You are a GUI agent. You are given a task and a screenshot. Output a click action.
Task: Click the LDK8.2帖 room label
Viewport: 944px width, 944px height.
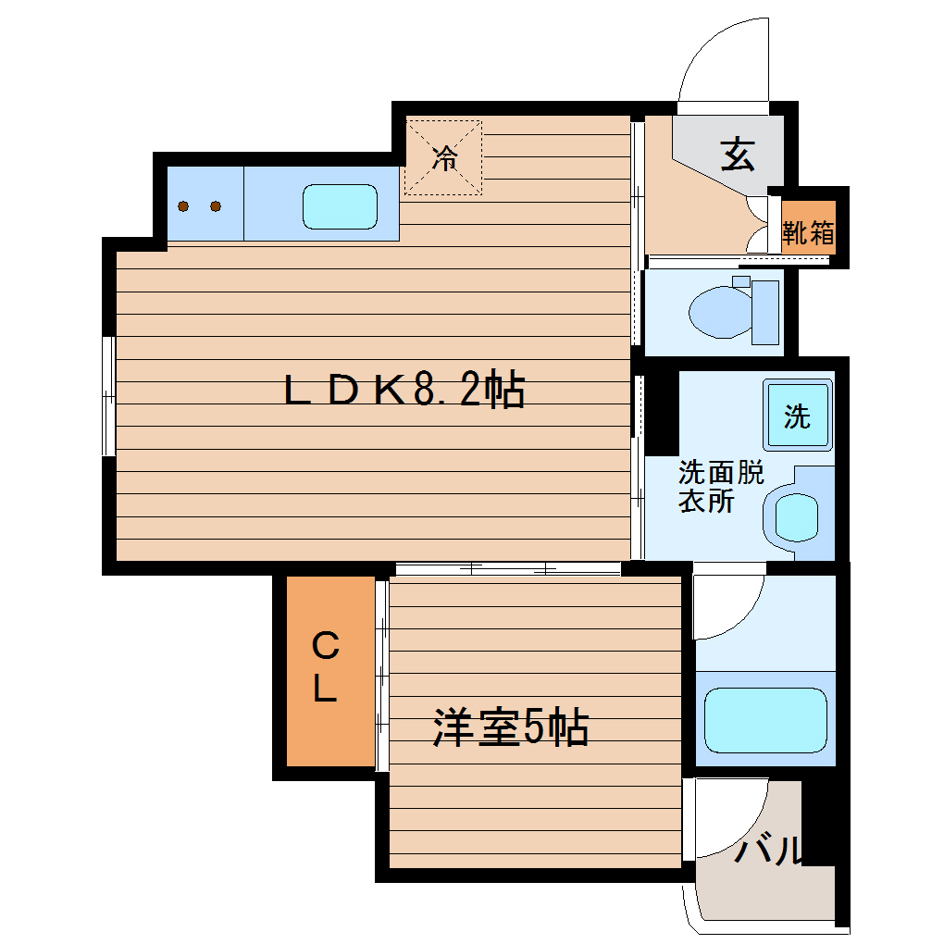point(404,391)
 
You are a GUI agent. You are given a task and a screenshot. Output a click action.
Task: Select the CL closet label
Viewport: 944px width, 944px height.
point(324,666)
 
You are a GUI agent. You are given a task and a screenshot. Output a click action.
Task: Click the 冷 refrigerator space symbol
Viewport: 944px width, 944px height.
point(444,157)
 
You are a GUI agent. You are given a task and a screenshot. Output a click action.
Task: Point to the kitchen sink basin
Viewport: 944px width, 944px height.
point(341,206)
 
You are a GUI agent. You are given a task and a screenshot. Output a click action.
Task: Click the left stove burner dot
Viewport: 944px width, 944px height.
point(184,206)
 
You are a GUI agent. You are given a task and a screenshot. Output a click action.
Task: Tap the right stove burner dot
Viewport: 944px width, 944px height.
point(216,206)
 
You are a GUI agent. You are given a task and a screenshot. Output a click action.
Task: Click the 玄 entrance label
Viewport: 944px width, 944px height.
point(738,154)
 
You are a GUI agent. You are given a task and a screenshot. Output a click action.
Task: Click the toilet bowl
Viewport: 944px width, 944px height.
point(719,311)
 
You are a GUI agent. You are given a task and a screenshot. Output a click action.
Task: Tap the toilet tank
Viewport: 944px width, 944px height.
point(766,311)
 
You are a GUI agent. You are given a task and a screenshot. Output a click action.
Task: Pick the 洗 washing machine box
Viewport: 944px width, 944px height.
point(796,416)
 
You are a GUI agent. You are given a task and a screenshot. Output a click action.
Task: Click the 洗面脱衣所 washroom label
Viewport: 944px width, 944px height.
point(720,487)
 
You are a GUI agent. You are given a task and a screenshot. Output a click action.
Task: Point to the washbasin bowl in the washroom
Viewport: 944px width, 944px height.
point(795,516)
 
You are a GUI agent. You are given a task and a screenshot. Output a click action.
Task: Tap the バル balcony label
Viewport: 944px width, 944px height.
point(768,850)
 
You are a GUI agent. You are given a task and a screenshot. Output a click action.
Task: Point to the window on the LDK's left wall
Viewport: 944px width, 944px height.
point(108,396)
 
